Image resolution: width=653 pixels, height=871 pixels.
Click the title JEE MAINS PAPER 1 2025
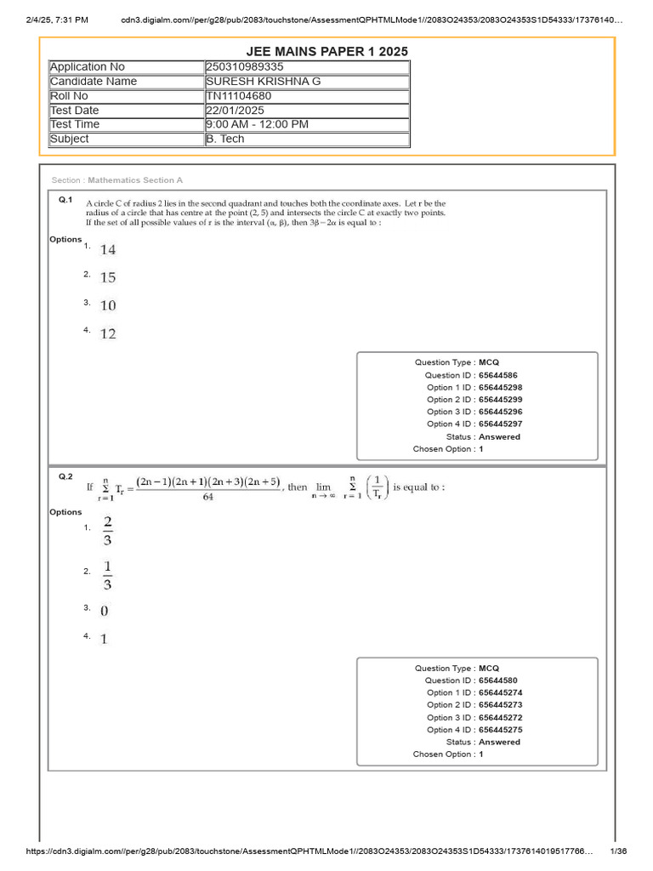pyautogui.click(x=326, y=52)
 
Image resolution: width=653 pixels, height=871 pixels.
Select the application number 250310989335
pyautogui.click(x=246, y=67)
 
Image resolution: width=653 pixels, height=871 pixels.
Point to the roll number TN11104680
pyautogui.click(x=239, y=96)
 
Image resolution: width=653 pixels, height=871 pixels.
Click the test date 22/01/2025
pyautogui.click(x=236, y=111)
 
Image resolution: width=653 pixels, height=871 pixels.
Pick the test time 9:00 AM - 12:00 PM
pyautogui.click(x=257, y=124)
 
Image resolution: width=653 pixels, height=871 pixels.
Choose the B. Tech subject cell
pyautogui.click(x=225, y=139)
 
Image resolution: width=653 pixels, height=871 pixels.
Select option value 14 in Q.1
pyautogui.click(x=108, y=250)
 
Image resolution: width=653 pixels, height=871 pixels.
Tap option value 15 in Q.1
pyautogui.click(x=108, y=278)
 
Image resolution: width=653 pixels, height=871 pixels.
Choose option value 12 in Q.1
pyautogui.click(x=108, y=334)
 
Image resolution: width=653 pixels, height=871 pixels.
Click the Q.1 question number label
pyautogui.click(x=65, y=200)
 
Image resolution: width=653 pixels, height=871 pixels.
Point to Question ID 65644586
pyautogui.click(x=497, y=375)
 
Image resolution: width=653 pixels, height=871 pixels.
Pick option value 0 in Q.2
pyautogui.click(x=105, y=612)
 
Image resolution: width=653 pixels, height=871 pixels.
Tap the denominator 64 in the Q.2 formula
pyautogui.click(x=208, y=498)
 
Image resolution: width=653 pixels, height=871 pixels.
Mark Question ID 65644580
pyautogui.click(x=497, y=680)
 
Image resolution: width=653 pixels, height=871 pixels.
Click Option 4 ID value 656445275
pyautogui.click(x=500, y=730)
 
